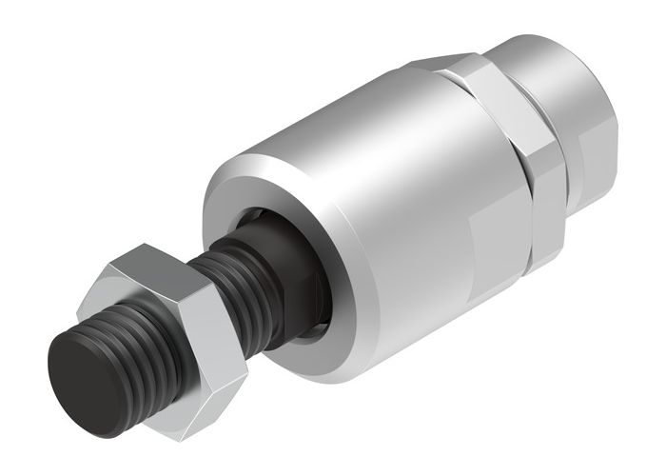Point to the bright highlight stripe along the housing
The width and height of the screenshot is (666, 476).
(x=362, y=124)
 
